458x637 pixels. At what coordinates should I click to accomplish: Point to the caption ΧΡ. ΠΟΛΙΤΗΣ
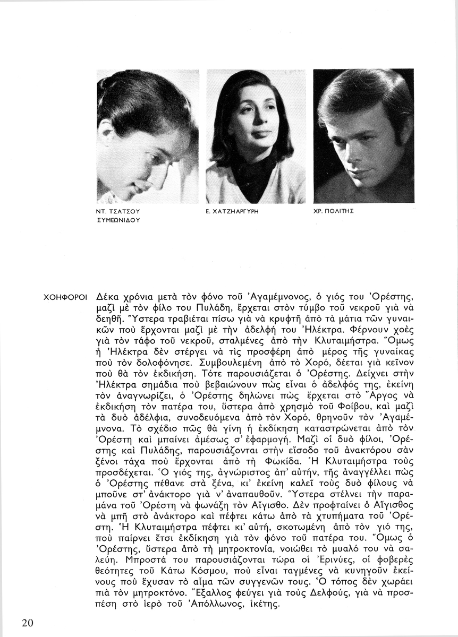coord(334,211)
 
